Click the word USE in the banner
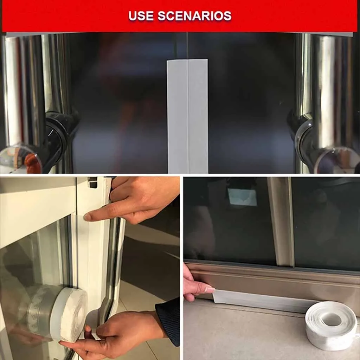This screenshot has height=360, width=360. [141, 15]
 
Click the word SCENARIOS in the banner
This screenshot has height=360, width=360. [194, 15]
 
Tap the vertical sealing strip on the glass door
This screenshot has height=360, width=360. [188, 116]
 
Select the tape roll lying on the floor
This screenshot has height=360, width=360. [332, 325]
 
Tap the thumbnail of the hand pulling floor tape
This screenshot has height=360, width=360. [210, 290]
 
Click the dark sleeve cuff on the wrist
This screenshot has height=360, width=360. [168, 321]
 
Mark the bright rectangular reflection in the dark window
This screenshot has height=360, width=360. [242, 197]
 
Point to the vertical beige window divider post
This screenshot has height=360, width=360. [281, 221]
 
